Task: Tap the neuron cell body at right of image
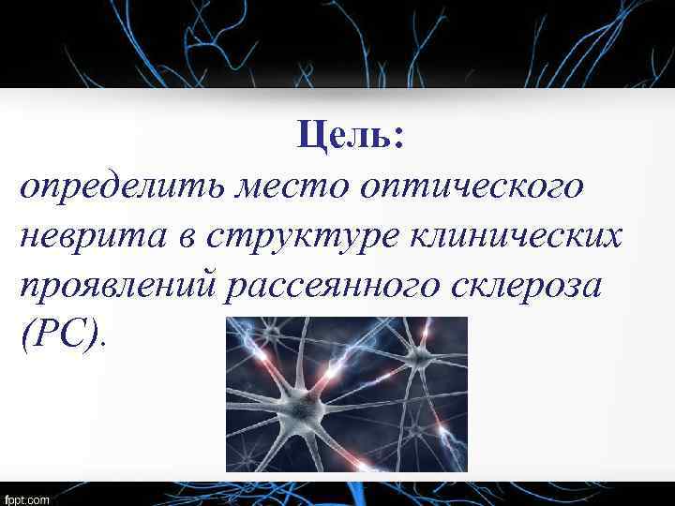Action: (x=419, y=357)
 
